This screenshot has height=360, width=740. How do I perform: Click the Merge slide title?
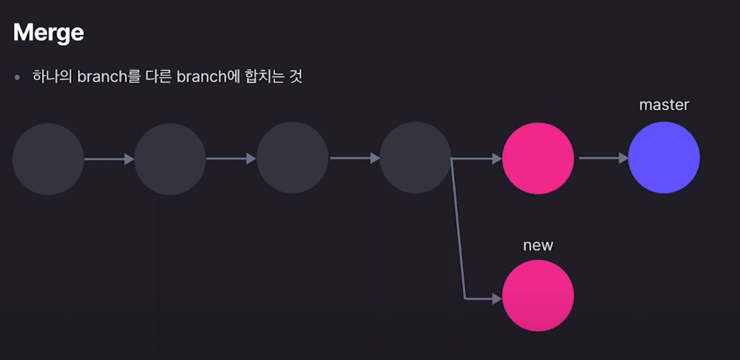pyautogui.click(x=49, y=32)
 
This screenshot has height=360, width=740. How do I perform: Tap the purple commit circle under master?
pyautogui.click(x=664, y=158)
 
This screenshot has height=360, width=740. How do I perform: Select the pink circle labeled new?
pyautogui.click(x=538, y=295)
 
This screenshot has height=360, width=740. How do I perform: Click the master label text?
pyautogui.click(x=664, y=105)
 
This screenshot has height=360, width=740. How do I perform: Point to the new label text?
pyautogui.click(x=538, y=245)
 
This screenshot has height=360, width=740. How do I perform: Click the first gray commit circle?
pyautogui.click(x=49, y=159)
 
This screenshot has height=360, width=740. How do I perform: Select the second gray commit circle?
pyautogui.click(x=170, y=159)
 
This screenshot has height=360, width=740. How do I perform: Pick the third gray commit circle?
pyautogui.click(x=292, y=158)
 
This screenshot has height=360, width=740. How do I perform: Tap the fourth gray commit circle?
pyautogui.click(x=415, y=158)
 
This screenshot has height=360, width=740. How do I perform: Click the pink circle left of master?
pyautogui.click(x=538, y=159)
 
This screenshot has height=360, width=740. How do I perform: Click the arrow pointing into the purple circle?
pyautogui.click(x=603, y=157)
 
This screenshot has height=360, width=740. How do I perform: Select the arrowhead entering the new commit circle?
pyautogui.click(x=497, y=299)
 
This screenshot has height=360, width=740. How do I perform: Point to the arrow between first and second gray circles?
pyautogui.click(x=109, y=159)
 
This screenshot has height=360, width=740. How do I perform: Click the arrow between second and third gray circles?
pyautogui.click(x=231, y=158)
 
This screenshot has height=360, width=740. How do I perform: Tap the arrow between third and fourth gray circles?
pyautogui.click(x=354, y=158)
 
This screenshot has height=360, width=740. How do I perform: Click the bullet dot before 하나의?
pyautogui.click(x=17, y=77)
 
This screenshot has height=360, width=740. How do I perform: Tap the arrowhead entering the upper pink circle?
pyautogui.click(x=497, y=159)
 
